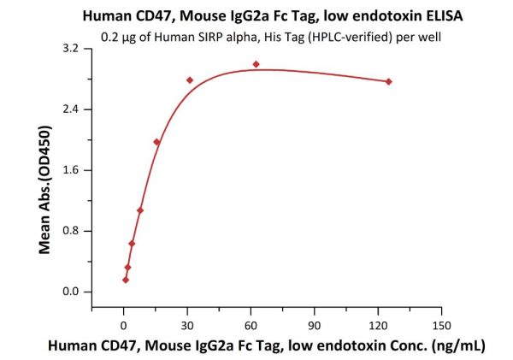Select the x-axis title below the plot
[x=267, y=345]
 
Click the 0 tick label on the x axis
[x=124, y=325]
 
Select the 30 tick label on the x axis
[x=187, y=325]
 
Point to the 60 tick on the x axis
[x=251, y=325]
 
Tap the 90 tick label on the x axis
[x=315, y=325]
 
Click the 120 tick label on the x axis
[x=378, y=325]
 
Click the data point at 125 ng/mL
[x=389, y=81]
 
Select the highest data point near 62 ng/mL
[x=256, y=64]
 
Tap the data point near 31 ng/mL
[x=190, y=80]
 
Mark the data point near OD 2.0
[x=156, y=142]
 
